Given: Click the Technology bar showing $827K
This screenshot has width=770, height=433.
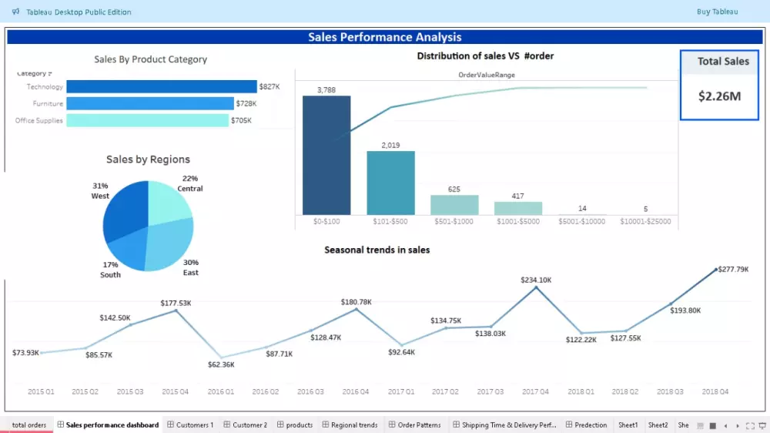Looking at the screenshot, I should [161, 87].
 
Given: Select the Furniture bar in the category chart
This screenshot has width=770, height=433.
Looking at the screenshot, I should [149, 103].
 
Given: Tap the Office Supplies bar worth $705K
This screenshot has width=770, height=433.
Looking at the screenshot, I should [147, 120].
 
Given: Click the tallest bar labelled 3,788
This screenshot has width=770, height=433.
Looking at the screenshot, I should [326, 155].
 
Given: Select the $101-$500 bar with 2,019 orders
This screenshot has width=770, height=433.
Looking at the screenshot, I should [390, 183].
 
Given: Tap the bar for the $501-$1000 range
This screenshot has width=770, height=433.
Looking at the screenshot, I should [454, 205].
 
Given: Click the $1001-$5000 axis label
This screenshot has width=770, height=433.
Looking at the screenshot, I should [518, 222].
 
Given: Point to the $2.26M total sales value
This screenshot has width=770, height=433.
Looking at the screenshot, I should [719, 96].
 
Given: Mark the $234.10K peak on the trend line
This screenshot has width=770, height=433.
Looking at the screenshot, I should [536, 287].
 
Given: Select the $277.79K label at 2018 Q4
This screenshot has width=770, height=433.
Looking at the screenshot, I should [733, 270].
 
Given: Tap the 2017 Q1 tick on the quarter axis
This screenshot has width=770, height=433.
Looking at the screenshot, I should [401, 392].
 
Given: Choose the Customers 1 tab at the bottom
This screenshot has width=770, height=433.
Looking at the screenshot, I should [194, 425].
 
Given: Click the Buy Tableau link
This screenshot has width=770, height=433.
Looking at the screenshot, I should [717, 12].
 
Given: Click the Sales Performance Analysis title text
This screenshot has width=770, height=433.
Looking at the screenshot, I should [385, 37].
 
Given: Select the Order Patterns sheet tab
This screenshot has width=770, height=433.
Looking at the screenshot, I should [418, 425].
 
